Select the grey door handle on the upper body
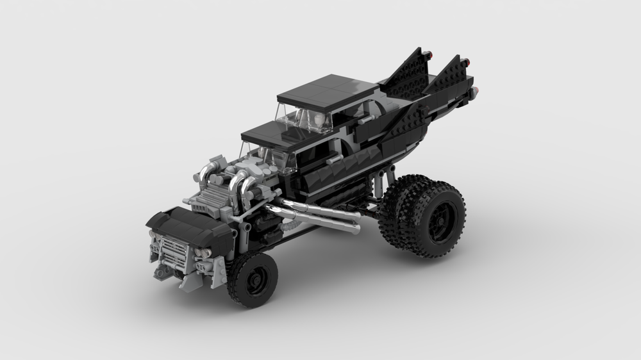(x=365, y=120)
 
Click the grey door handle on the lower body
(x=333, y=157)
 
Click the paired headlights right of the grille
(x=204, y=254)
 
